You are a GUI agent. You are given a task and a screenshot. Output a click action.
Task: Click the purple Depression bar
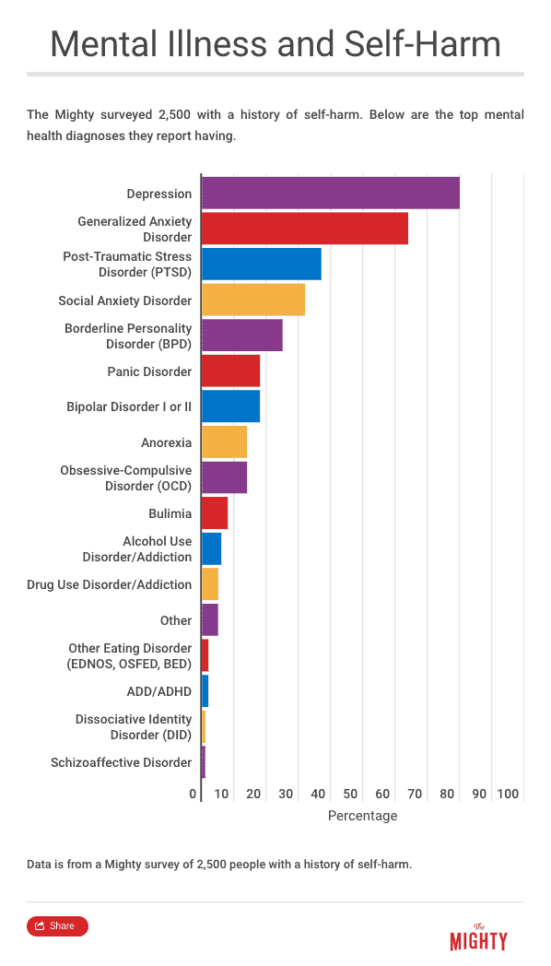pyautogui.click(x=331, y=193)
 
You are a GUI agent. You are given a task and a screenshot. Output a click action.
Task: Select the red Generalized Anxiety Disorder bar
pyautogui.click(x=305, y=229)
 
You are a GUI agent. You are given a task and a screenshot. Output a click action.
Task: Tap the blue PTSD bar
pyautogui.click(x=262, y=264)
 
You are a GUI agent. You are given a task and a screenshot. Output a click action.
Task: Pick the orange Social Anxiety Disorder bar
pyautogui.click(x=253, y=300)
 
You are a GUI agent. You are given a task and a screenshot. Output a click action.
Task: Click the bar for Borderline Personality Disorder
pyautogui.click(x=242, y=336)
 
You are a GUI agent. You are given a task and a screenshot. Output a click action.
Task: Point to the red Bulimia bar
pyautogui.click(x=215, y=512)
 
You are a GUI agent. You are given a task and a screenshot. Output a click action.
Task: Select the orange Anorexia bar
pyautogui.click(x=224, y=442)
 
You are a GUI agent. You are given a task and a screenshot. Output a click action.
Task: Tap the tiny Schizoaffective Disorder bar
pyautogui.click(x=203, y=762)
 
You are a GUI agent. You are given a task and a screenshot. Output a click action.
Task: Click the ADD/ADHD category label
pyautogui.click(x=158, y=691)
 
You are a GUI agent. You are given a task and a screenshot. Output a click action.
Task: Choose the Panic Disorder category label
pyautogui.click(x=149, y=371)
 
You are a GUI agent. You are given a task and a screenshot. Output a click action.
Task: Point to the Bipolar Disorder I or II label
pyautogui.click(x=129, y=406)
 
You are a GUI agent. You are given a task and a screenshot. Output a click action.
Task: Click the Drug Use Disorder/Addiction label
pyautogui.click(x=109, y=584)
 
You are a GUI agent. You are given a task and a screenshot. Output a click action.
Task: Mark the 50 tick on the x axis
pyautogui.click(x=350, y=794)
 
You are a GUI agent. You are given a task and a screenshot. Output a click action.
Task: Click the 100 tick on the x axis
pyautogui.click(x=508, y=794)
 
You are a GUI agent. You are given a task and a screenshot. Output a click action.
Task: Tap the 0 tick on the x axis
pyautogui.click(x=193, y=794)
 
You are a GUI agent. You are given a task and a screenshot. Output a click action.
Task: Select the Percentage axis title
pyautogui.click(x=363, y=816)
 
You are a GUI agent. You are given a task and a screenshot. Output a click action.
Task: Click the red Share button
pyautogui.click(x=57, y=926)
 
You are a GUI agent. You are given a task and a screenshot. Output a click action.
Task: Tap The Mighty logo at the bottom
pyautogui.click(x=479, y=937)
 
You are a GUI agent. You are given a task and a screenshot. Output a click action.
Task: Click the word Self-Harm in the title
pyautogui.click(x=422, y=44)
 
